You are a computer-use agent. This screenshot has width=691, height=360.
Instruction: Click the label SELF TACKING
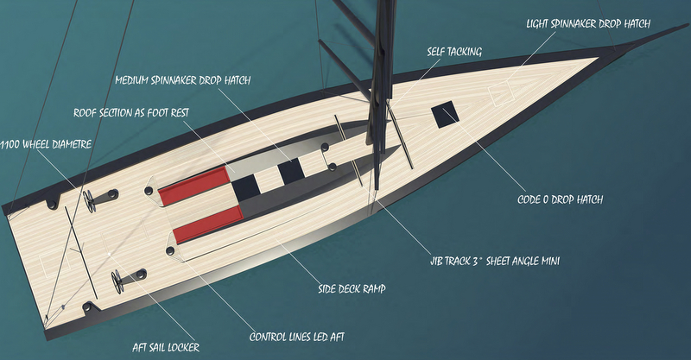[453, 51]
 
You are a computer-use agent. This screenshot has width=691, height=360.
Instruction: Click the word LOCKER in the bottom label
[182, 347]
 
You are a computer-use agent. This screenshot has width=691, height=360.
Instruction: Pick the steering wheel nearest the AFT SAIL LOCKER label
[118, 281]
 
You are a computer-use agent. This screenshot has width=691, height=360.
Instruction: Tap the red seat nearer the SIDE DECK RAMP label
[207, 224]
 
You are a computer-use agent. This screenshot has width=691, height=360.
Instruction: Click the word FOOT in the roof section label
[178, 113]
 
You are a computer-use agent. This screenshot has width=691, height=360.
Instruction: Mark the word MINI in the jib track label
[545, 259]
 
